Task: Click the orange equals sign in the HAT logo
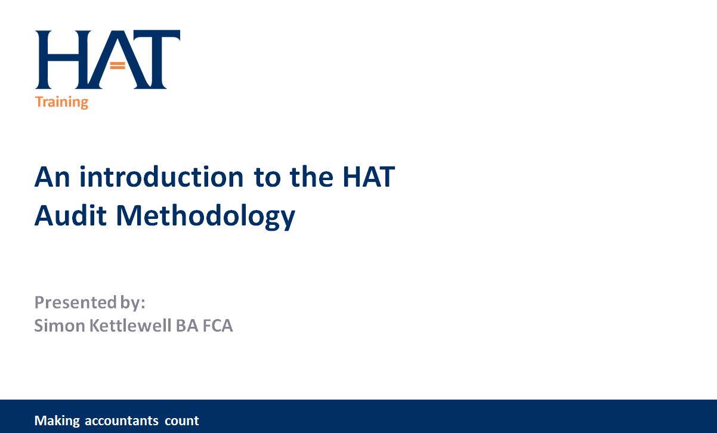click(x=118, y=66)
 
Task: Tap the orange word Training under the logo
click(x=62, y=103)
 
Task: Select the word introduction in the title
click(x=162, y=177)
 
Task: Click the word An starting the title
click(x=52, y=177)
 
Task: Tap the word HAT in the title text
click(x=369, y=177)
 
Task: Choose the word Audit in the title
click(x=70, y=216)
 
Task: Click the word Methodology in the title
click(x=206, y=217)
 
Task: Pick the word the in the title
click(x=311, y=177)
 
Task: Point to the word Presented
click(x=76, y=302)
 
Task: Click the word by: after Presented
click(x=133, y=303)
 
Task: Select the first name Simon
click(x=60, y=326)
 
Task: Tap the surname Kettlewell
click(x=130, y=326)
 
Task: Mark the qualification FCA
click(x=218, y=326)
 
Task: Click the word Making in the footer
click(x=57, y=421)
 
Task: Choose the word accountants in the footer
click(x=122, y=421)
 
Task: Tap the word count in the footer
click(x=182, y=421)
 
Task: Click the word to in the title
click(x=267, y=178)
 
